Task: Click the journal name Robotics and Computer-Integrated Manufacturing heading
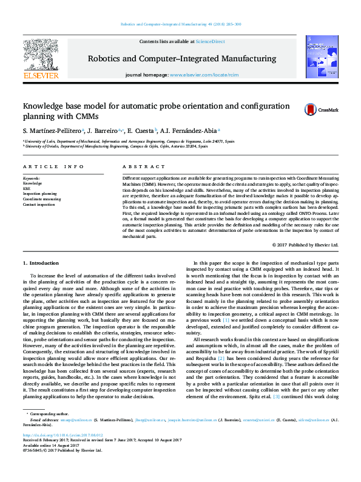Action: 182,59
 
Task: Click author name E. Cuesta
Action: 140,131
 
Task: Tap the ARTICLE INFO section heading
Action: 53,166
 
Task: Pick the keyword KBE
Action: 27,188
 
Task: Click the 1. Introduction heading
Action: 41,263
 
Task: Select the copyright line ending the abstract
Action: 305,245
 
